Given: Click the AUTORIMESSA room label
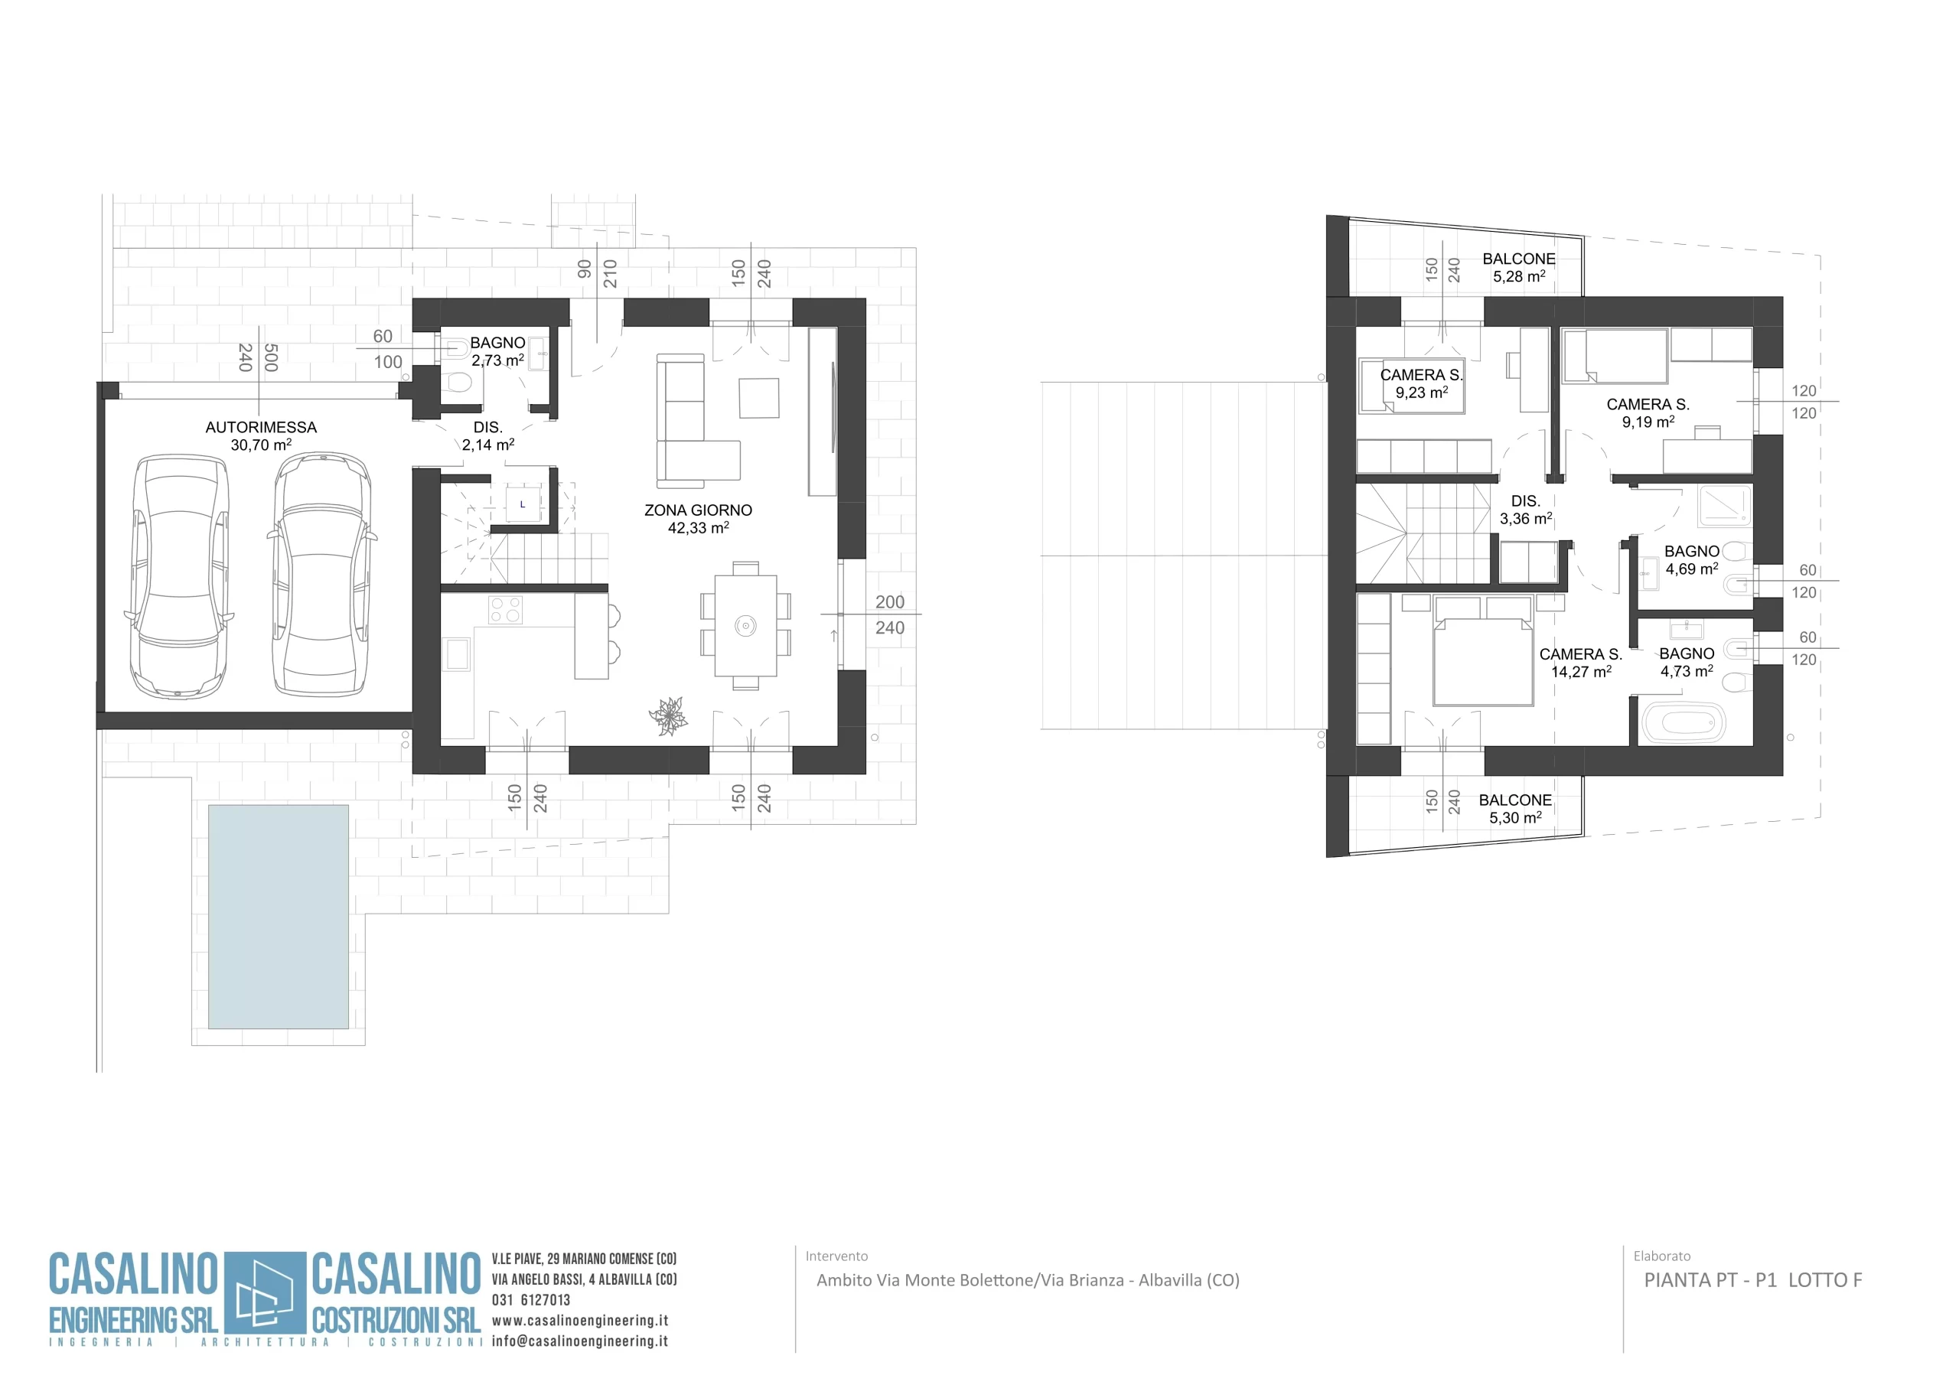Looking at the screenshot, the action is (x=261, y=427).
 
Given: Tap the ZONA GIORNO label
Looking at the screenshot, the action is (x=698, y=510).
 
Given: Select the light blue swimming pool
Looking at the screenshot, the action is (x=278, y=917).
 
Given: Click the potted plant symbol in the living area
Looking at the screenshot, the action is (x=668, y=715).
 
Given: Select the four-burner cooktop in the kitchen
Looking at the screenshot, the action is (x=505, y=609).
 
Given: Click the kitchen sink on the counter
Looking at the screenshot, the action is (x=458, y=654).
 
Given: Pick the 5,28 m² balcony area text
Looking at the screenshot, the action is (x=1519, y=276).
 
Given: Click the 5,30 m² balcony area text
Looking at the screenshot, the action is (x=1515, y=817).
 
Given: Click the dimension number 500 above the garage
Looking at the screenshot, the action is (x=270, y=357).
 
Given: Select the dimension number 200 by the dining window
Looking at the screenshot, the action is (x=890, y=601).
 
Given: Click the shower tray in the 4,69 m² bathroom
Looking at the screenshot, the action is (x=1724, y=505).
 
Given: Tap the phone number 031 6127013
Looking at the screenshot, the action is (x=531, y=1299).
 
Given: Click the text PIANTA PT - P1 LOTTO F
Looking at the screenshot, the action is (x=1753, y=1280).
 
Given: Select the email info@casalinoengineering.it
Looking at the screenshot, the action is (x=580, y=1341).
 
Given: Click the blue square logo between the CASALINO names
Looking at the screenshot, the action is (x=265, y=1293).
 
